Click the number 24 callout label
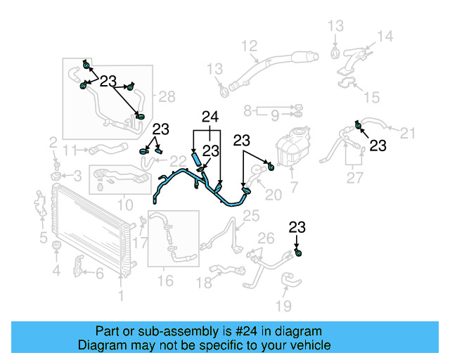tap(211, 116)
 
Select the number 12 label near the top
tap(250, 46)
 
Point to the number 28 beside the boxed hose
tap(167, 96)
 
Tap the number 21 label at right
tap(408, 132)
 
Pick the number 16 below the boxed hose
tap(165, 281)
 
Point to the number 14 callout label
tap(385, 37)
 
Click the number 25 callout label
tap(251, 214)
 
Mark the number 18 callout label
tap(204, 283)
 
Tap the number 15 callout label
tap(371, 96)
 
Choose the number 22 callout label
tap(178, 162)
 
